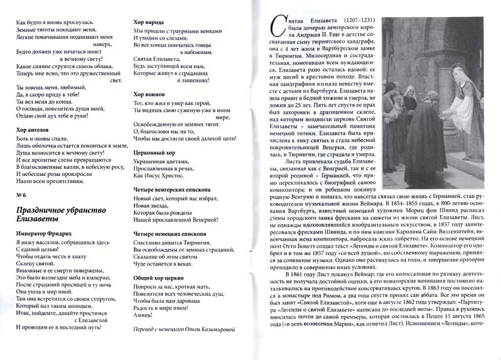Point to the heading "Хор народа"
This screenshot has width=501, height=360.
point(150,21)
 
